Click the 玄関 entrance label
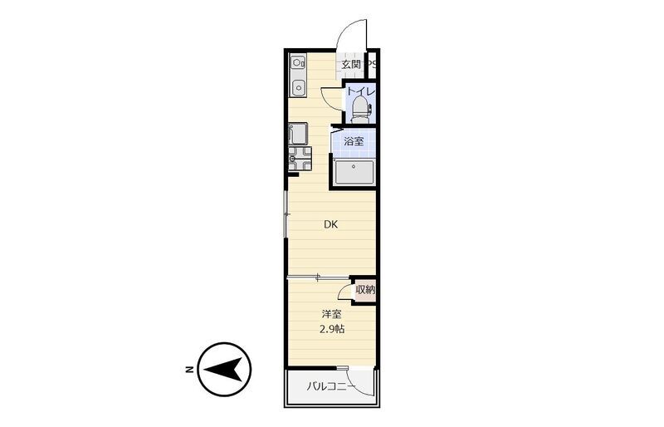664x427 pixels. [351, 65]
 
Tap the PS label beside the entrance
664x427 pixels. [371, 65]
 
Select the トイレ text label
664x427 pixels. [361, 91]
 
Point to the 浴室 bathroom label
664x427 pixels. [354, 141]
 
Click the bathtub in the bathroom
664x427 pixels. [354, 172]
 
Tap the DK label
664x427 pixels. [330, 225]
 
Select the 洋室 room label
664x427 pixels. [331, 314]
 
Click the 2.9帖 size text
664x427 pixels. [331, 329]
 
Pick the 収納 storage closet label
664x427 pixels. [365, 290]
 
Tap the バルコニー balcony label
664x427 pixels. [328, 386]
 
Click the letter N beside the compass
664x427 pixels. [189, 369]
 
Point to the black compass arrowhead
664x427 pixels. [223, 370]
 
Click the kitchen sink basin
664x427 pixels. [298, 88]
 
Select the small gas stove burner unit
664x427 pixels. [298, 63]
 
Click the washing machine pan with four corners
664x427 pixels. [300, 159]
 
